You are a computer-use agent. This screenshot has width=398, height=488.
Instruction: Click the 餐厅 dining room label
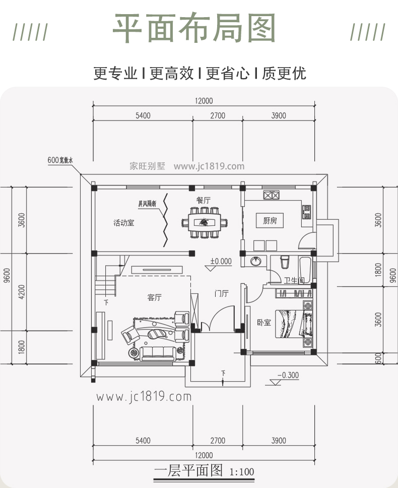coord(203,200)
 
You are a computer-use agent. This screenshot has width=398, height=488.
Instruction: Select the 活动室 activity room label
coord(123,222)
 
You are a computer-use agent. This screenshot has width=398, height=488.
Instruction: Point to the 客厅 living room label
coord(154,297)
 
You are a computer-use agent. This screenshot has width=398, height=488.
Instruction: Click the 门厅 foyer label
coord(221,293)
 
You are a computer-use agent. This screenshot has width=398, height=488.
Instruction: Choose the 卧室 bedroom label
coord(263,322)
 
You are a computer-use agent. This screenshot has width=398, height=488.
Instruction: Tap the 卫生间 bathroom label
coord(294,280)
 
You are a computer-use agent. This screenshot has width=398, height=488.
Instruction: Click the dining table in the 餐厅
coord(204,222)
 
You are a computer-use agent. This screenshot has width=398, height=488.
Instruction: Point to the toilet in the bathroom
coord(284,263)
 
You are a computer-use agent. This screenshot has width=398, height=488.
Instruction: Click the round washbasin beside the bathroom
coord(256,262)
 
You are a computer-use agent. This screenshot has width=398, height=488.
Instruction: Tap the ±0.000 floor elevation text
coord(221,261)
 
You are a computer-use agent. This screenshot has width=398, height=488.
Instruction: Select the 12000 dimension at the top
coord(204,101)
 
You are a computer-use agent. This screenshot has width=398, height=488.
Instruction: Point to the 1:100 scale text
coord(241,473)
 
